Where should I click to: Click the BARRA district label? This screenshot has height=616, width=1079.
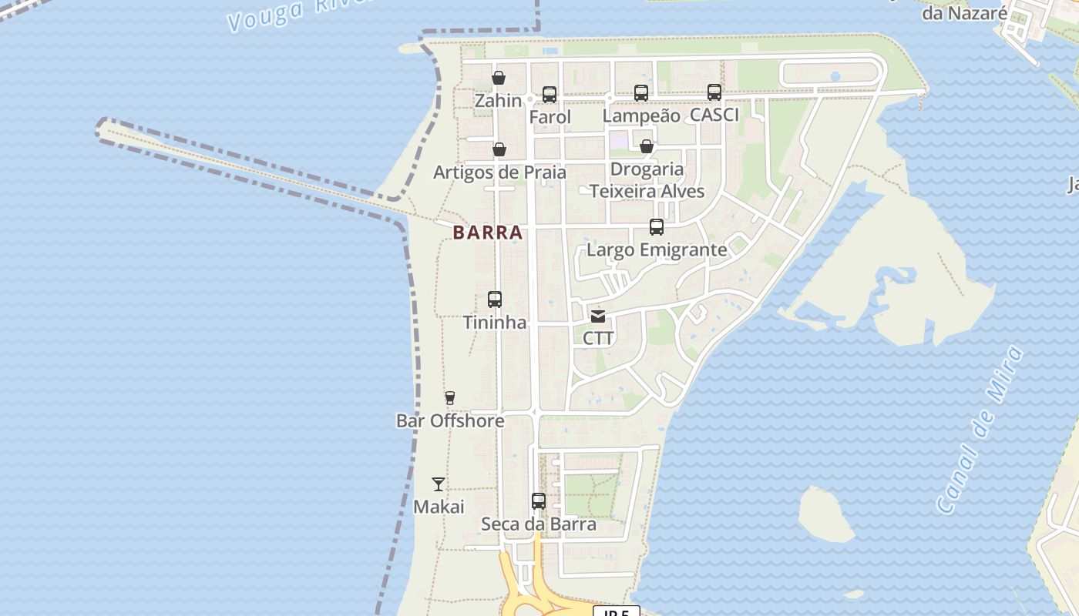[x=488, y=233]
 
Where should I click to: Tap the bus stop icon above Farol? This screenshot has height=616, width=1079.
[x=550, y=95]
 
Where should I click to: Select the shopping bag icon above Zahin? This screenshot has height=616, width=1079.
[x=499, y=78]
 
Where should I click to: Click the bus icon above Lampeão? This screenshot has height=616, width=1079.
[x=641, y=93]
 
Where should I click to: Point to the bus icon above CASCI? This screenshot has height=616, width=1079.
[x=714, y=92]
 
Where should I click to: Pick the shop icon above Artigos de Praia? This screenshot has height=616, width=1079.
[x=499, y=149]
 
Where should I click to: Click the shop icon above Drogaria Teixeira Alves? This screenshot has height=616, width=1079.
[x=647, y=146]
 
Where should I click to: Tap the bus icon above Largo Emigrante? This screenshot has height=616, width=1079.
[x=657, y=227]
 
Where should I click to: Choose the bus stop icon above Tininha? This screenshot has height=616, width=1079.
[x=495, y=300]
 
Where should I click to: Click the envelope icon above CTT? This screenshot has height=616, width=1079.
[x=598, y=316]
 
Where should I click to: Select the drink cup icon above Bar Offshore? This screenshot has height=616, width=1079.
[x=450, y=398]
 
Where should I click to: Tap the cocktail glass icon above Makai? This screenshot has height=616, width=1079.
[x=439, y=484]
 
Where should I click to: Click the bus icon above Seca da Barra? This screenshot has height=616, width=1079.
[x=539, y=501]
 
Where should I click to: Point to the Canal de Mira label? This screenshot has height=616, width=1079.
[x=980, y=430]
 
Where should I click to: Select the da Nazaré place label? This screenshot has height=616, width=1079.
[x=964, y=13]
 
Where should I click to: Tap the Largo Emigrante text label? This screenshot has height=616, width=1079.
[x=657, y=250]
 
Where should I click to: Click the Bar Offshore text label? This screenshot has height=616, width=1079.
[x=450, y=421]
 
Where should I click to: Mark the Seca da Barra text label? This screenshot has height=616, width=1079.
[x=539, y=524]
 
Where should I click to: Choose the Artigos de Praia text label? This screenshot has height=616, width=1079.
[x=499, y=172]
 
